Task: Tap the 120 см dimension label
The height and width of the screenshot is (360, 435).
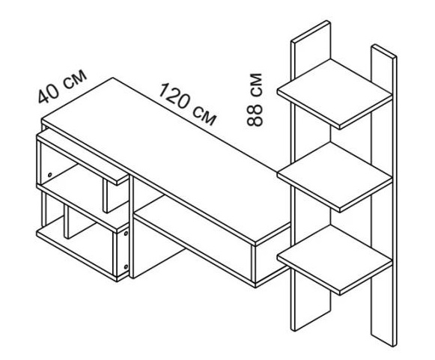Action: point(187,104)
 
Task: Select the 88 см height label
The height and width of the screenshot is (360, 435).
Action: point(254,100)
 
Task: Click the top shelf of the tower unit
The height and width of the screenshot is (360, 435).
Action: point(335,94)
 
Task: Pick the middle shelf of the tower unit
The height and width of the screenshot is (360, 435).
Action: point(335,177)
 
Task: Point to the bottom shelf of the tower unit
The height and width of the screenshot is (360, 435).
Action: point(335,260)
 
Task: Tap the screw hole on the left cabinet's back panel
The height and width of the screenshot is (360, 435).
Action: point(49,174)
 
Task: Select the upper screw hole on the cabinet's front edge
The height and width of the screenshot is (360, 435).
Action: point(126,234)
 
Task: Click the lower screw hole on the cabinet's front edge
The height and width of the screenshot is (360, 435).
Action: point(126,266)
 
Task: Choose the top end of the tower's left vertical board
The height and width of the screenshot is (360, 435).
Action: point(311,31)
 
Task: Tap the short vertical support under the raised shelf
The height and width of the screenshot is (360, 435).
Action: point(105,196)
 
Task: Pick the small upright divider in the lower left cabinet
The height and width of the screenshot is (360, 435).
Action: point(67,222)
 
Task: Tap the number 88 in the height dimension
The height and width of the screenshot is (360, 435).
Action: point(254,115)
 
